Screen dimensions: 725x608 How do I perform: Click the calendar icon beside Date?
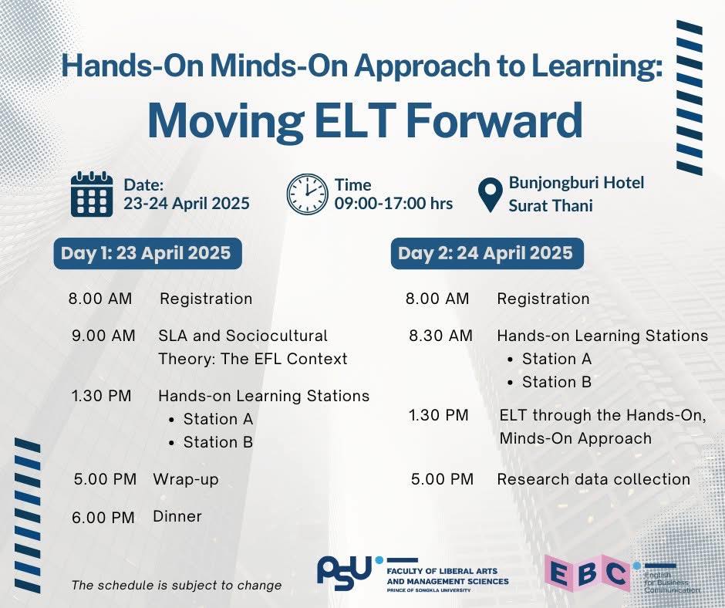coord(92,194)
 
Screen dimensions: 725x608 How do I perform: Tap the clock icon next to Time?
coord(307,194)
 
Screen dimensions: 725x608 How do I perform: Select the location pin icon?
coord(490,194)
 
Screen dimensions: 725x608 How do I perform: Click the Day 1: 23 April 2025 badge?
coord(147,253)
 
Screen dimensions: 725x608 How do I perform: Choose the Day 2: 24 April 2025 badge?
coord(487,253)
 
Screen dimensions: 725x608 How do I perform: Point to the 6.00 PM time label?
coord(103,517)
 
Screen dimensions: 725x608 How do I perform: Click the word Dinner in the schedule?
coord(177,516)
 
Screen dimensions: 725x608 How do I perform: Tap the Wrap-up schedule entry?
coord(186,479)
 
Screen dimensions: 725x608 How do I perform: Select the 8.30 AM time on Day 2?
coord(440,336)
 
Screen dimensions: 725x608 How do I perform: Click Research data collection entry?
coord(594,479)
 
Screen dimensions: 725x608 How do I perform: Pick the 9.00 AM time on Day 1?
coord(103,336)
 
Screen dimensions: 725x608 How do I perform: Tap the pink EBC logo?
coord(587,574)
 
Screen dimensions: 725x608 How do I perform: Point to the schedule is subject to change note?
coord(177,586)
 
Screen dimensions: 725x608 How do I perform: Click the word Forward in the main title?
coord(494,120)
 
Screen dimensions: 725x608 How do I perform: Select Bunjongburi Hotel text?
coord(577,183)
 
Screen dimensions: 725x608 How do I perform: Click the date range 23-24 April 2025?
coord(187,203)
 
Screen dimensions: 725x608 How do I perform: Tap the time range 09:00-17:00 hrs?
coord(393,203)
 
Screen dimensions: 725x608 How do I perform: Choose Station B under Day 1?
coord(218,442)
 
